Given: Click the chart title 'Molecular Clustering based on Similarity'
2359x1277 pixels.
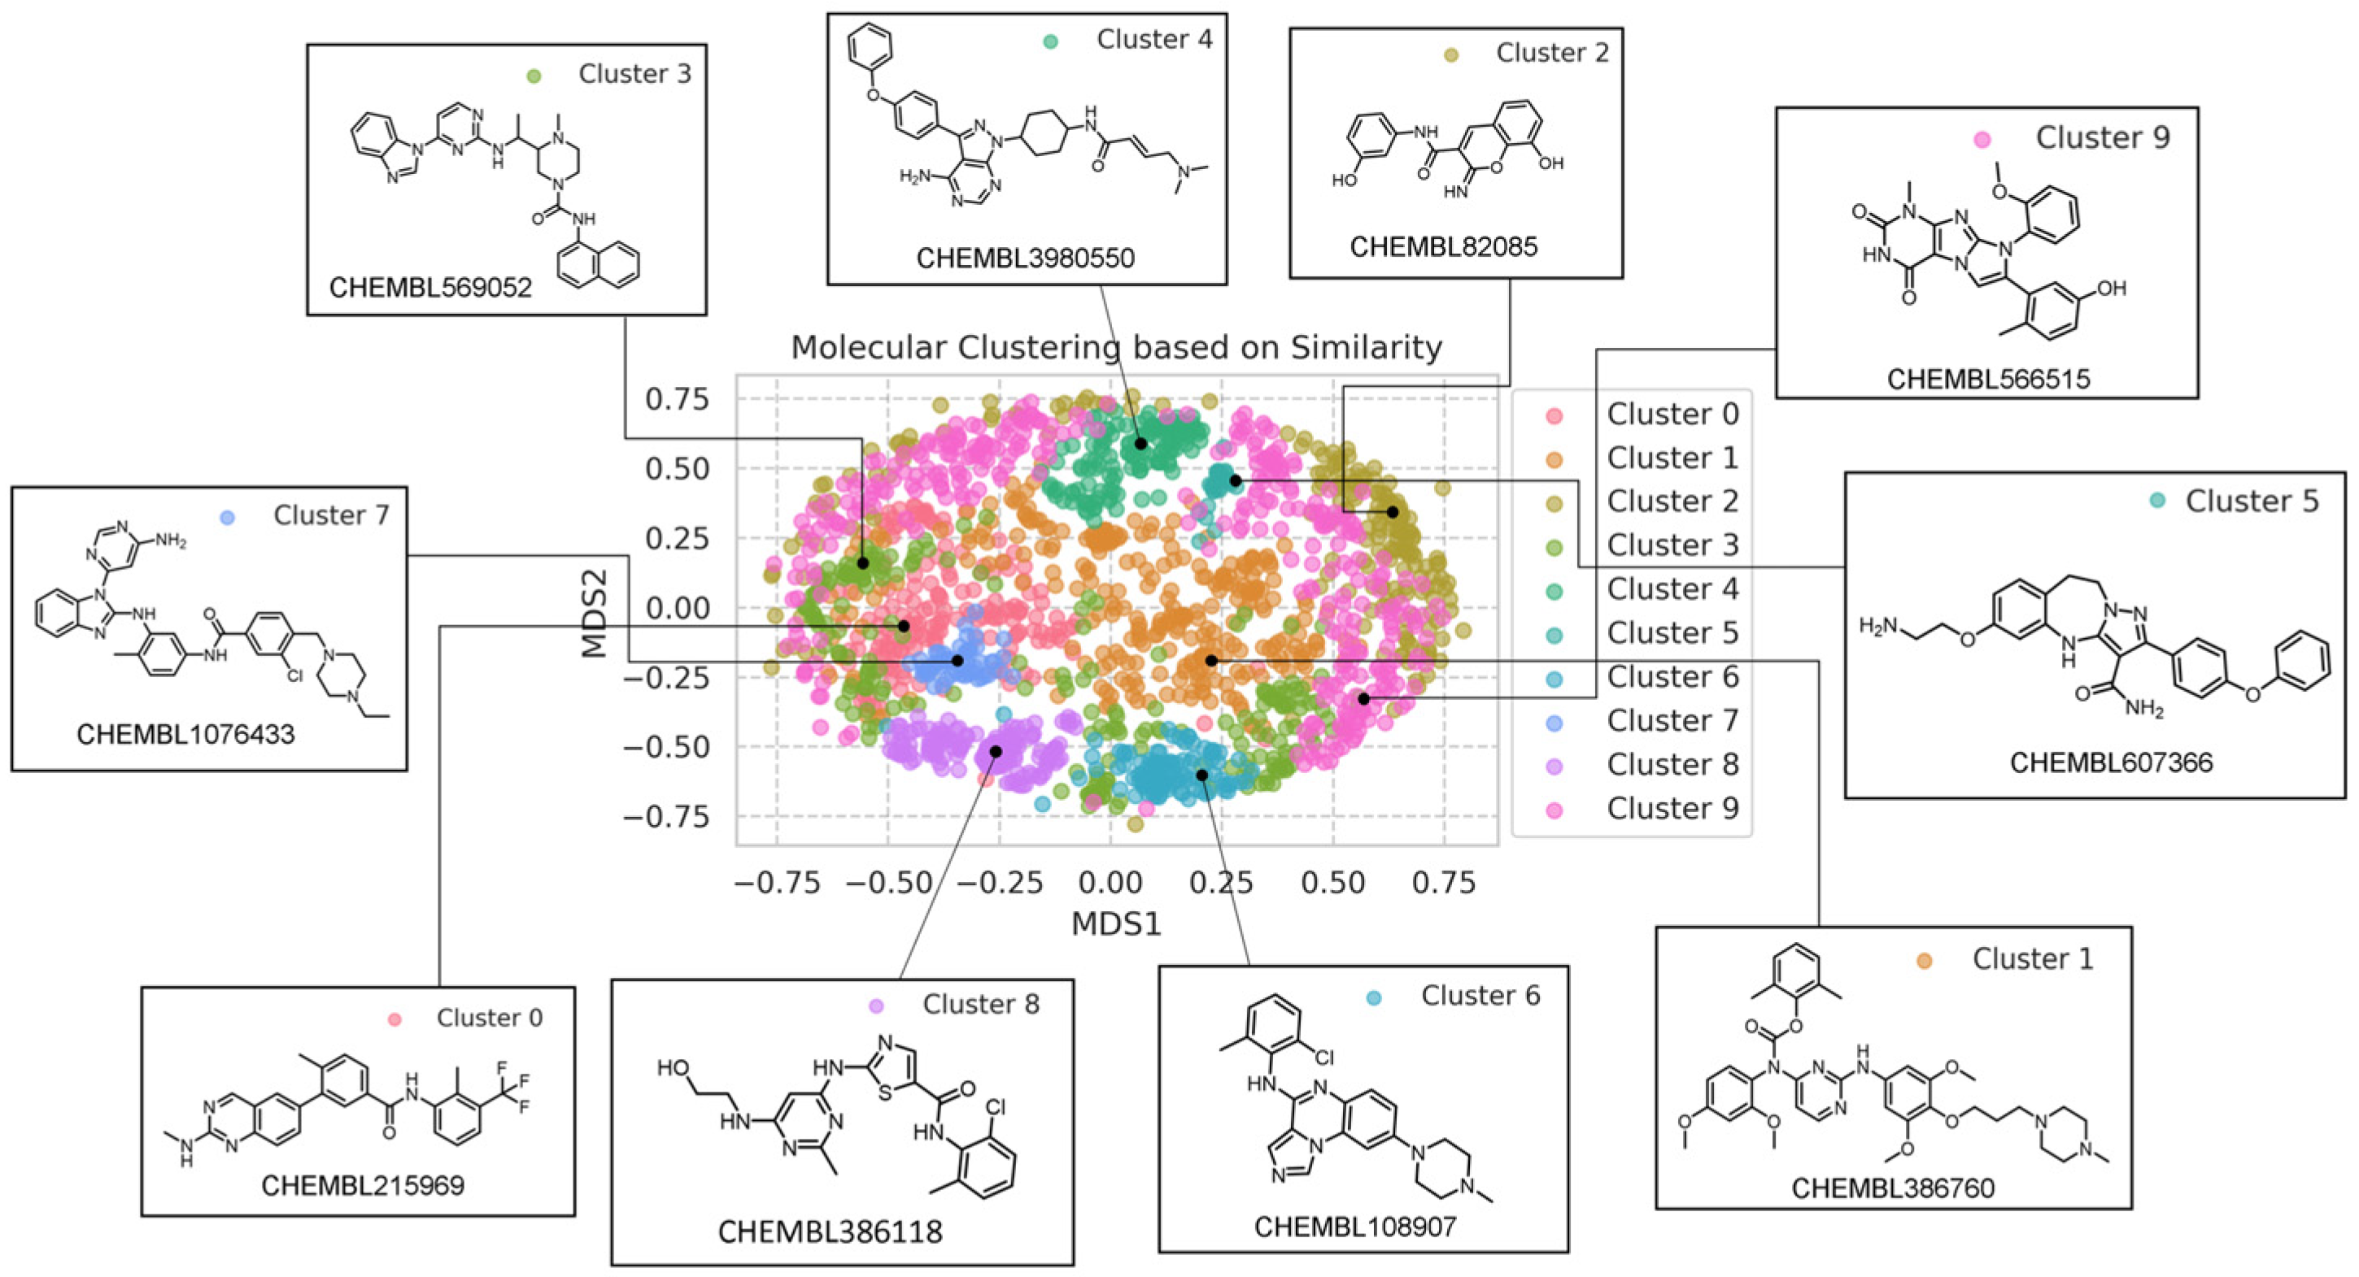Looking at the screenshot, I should (1115, 348).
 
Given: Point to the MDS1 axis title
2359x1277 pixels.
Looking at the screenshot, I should (1115, 923).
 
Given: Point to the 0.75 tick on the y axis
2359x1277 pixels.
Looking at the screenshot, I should (677, 399).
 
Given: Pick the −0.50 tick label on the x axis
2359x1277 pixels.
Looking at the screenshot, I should (887, 883).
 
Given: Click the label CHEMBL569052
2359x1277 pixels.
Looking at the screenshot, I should (430, 288).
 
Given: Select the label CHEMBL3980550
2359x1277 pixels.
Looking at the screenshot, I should (1025, 258).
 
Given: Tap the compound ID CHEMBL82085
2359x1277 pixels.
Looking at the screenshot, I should (1443, 246).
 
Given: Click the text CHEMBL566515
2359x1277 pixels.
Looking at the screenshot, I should (1988, 378).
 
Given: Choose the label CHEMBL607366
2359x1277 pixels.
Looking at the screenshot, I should (2111, 762).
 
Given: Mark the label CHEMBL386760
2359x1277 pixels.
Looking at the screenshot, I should (1893, 1188).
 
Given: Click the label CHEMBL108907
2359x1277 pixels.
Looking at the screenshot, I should (1354, 1227).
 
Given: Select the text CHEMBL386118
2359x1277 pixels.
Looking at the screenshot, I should (830, 1232).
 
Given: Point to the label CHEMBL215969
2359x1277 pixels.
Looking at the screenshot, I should (363, 1185).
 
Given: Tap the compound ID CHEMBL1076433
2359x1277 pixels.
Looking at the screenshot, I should (186, 734).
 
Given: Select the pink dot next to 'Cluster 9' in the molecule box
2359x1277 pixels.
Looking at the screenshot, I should (1982, 140).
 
